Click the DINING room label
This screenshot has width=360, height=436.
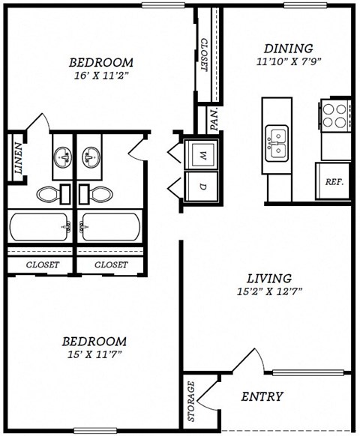284,49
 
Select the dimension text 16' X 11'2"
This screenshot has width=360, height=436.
101,76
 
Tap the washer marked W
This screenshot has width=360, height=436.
202,155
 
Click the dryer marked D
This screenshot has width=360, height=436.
202,186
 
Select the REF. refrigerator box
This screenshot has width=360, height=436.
333,181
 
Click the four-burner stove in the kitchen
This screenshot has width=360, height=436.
336,116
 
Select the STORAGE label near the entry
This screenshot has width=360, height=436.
192,402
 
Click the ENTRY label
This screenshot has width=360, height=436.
262,396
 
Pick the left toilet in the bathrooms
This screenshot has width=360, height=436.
51,194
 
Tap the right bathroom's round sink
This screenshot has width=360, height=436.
94,157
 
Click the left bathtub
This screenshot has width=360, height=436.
39,227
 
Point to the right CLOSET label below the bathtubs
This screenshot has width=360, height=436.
111,264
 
